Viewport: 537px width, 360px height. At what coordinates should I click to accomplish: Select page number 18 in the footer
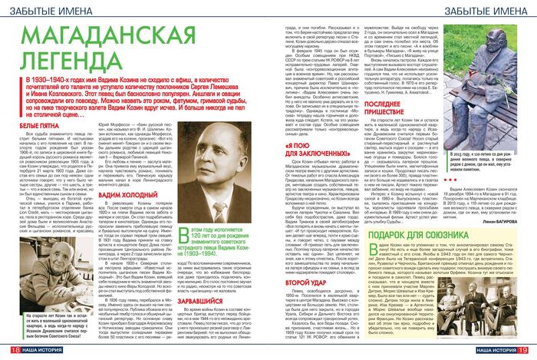pos(12,351)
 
